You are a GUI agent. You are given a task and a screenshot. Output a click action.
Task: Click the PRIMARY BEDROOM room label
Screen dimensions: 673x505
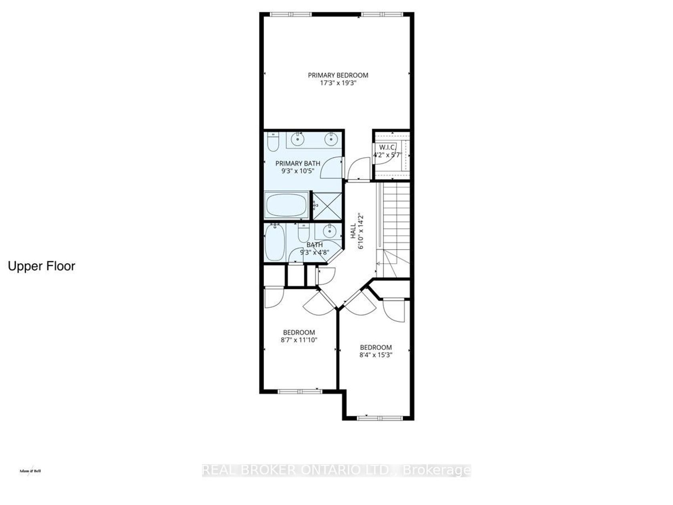[338, 75]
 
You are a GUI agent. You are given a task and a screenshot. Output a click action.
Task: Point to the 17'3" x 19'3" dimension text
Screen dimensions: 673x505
[338, 83]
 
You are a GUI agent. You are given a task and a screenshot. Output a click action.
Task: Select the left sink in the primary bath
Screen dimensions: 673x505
[297, 140]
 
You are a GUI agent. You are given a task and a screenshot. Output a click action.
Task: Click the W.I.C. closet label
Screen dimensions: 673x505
[387, 147]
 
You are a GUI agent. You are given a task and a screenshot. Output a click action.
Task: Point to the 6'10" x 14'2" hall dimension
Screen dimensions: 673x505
[361, 231]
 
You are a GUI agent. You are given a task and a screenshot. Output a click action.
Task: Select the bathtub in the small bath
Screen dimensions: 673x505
[275, 242]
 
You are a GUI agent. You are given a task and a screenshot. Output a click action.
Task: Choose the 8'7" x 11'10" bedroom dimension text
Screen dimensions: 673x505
[299, 340]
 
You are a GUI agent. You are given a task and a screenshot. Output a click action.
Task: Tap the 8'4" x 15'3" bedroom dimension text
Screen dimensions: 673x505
[376, 355]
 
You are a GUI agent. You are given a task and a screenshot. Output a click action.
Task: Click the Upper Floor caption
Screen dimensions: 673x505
[41, 266]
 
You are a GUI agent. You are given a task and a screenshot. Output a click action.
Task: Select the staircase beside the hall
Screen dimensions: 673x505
[393, 230]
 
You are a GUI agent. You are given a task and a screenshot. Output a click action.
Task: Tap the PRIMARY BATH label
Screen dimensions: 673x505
[298, 164]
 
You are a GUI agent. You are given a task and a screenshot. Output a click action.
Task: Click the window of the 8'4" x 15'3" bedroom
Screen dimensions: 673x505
[380, 418]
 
